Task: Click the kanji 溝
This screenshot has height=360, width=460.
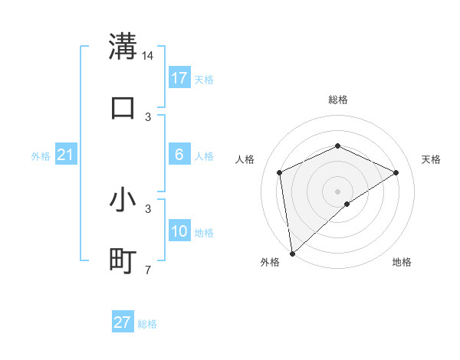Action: click(x=123, y=46)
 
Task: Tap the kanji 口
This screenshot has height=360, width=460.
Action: click(x=123, y=107)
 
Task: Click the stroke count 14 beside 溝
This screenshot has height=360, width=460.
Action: click(x=149, y=56)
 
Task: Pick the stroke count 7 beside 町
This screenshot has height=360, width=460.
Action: click(x=149, y=270)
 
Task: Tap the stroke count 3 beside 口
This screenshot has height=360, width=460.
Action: click(x=149, y=117)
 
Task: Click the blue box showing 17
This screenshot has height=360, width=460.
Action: click(x=179, y=78)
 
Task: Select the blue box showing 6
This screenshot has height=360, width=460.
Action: click(x=179, y=155)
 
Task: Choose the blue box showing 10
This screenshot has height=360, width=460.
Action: click(x=179, y=231)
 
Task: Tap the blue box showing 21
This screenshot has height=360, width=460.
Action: click(x=66, y=155)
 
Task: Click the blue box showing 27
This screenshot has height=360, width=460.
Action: click(x=123, y=322)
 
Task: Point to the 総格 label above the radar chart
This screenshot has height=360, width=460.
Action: click(x=338, y=100)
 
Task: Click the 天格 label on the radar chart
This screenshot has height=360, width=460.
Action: click(x=432, y=159)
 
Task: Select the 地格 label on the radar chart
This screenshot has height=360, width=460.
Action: click(x=402, y=262)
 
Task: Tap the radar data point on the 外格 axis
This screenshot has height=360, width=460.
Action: click(x=292, y=254)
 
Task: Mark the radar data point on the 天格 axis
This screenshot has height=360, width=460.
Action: click(x=396, y=172)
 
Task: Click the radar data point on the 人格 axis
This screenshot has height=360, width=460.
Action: click(x=280, y=172)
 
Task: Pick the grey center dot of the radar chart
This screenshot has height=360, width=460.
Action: click(x=338, y=191)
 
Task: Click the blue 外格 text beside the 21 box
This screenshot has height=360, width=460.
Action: click(x=40, y=156)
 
